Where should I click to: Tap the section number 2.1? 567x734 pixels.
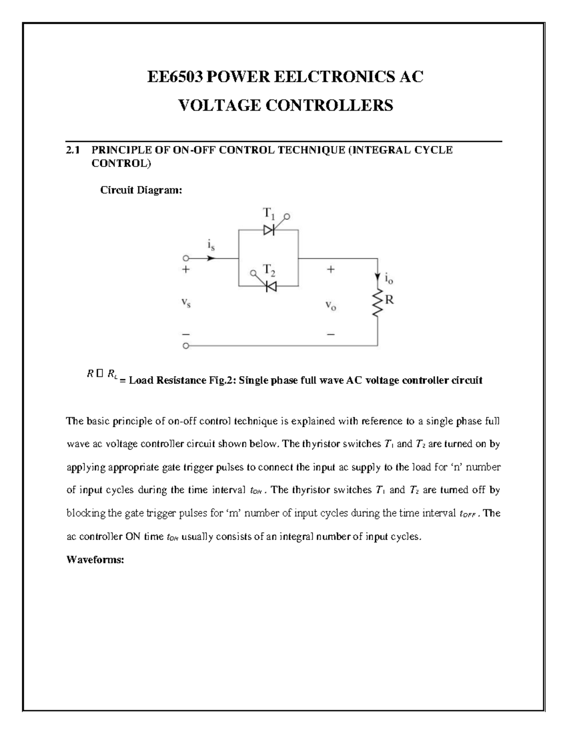(x=72, y=150)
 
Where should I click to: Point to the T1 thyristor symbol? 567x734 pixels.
(x=269, y=230)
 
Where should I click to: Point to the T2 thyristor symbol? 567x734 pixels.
(x=271, y=286)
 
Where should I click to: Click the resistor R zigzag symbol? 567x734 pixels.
(x=378, y=303)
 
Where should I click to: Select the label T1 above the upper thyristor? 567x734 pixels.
(x=268, y=215)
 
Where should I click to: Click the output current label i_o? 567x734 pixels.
(x=389, y=279)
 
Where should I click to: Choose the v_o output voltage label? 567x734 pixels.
(x=330, y=306)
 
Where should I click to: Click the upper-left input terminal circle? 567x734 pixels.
(x=186, y=259)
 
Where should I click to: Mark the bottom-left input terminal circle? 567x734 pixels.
(x=186, y=346)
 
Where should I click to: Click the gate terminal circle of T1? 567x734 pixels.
(x=287, y=216)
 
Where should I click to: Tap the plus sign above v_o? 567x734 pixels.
(x=330, y=270)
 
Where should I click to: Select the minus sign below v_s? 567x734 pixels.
(x=186, y=333)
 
